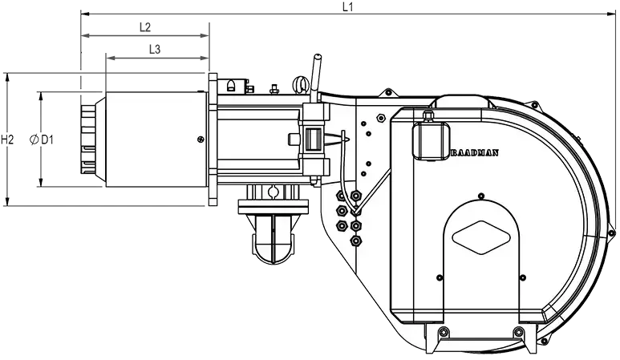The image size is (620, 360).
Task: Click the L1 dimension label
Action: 347,6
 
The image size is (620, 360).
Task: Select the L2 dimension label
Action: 145,27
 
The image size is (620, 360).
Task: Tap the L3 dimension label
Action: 155,50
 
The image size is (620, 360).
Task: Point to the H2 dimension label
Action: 7,140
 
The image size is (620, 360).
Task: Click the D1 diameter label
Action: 47,140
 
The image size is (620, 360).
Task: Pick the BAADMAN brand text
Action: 475,153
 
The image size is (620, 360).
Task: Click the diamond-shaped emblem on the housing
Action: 480,237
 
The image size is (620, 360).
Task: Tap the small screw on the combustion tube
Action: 201,139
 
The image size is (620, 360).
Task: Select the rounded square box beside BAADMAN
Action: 431,140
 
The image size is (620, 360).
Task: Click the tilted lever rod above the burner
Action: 315,78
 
